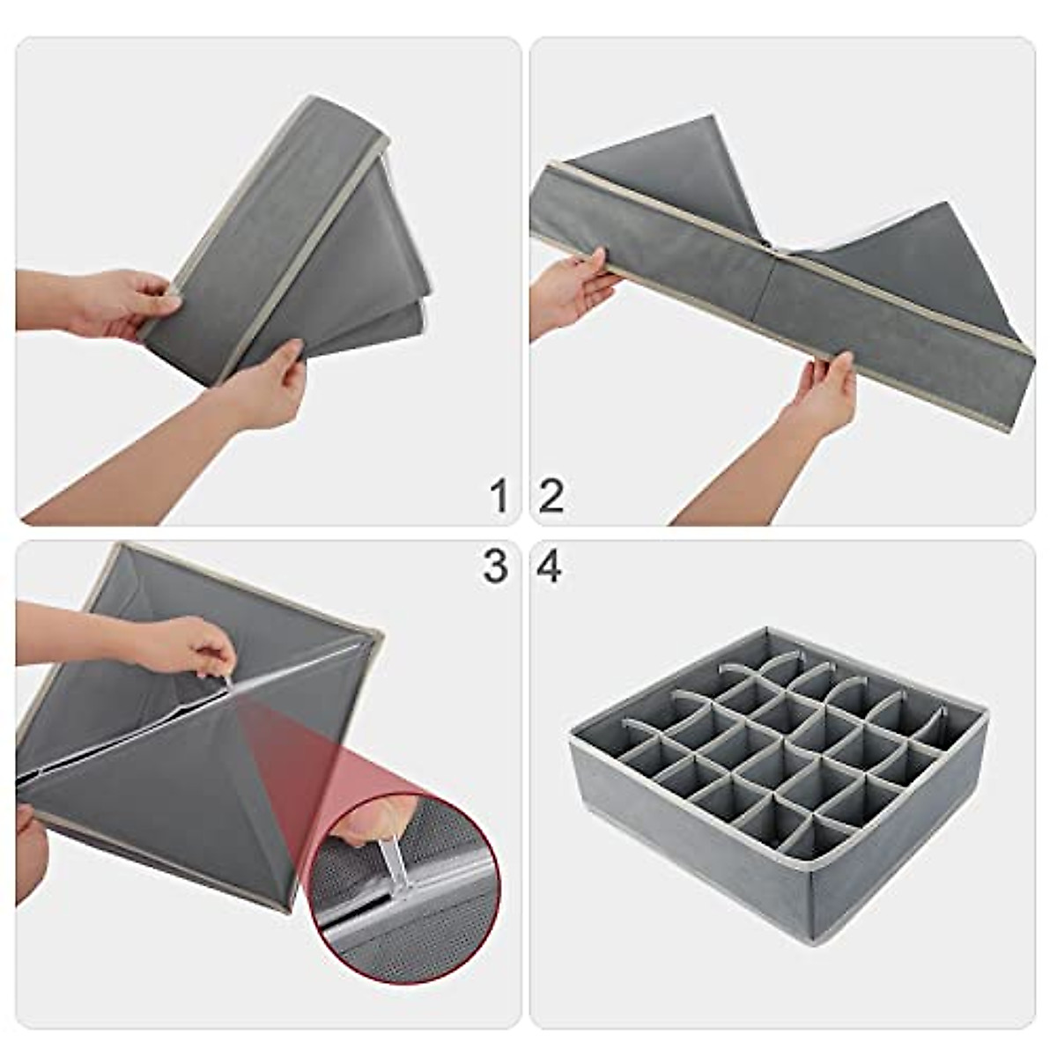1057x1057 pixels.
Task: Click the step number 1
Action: (499, 496)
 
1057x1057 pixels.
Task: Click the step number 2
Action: (551, 496)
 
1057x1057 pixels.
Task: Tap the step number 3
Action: (495, 566)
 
